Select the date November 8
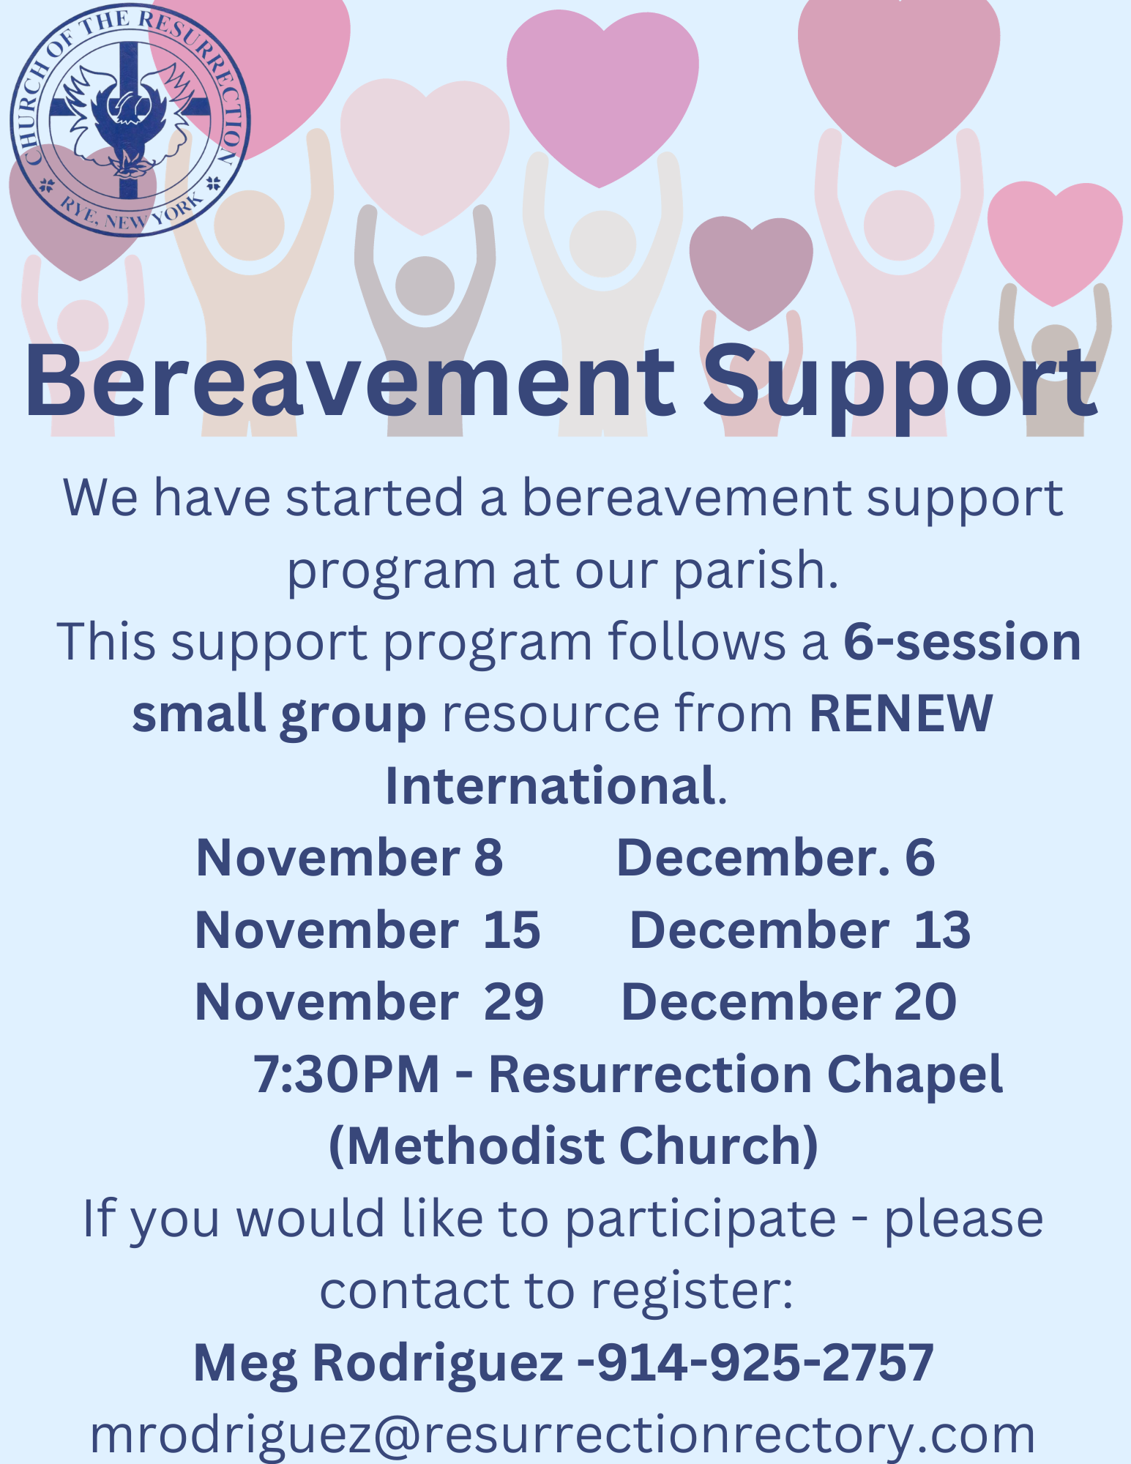[350, 857]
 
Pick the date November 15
[367, 930]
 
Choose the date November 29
[370, 1001]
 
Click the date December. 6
[776, 857]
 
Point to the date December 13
[800, 930]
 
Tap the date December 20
[789, 1001]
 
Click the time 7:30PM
[346, 1074]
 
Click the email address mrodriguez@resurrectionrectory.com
[562, 1435]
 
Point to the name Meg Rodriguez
[378, 1364]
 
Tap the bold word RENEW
[901, 713]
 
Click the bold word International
[550, 785]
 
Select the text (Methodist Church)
[574, 1146]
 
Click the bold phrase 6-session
[962, 641]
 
